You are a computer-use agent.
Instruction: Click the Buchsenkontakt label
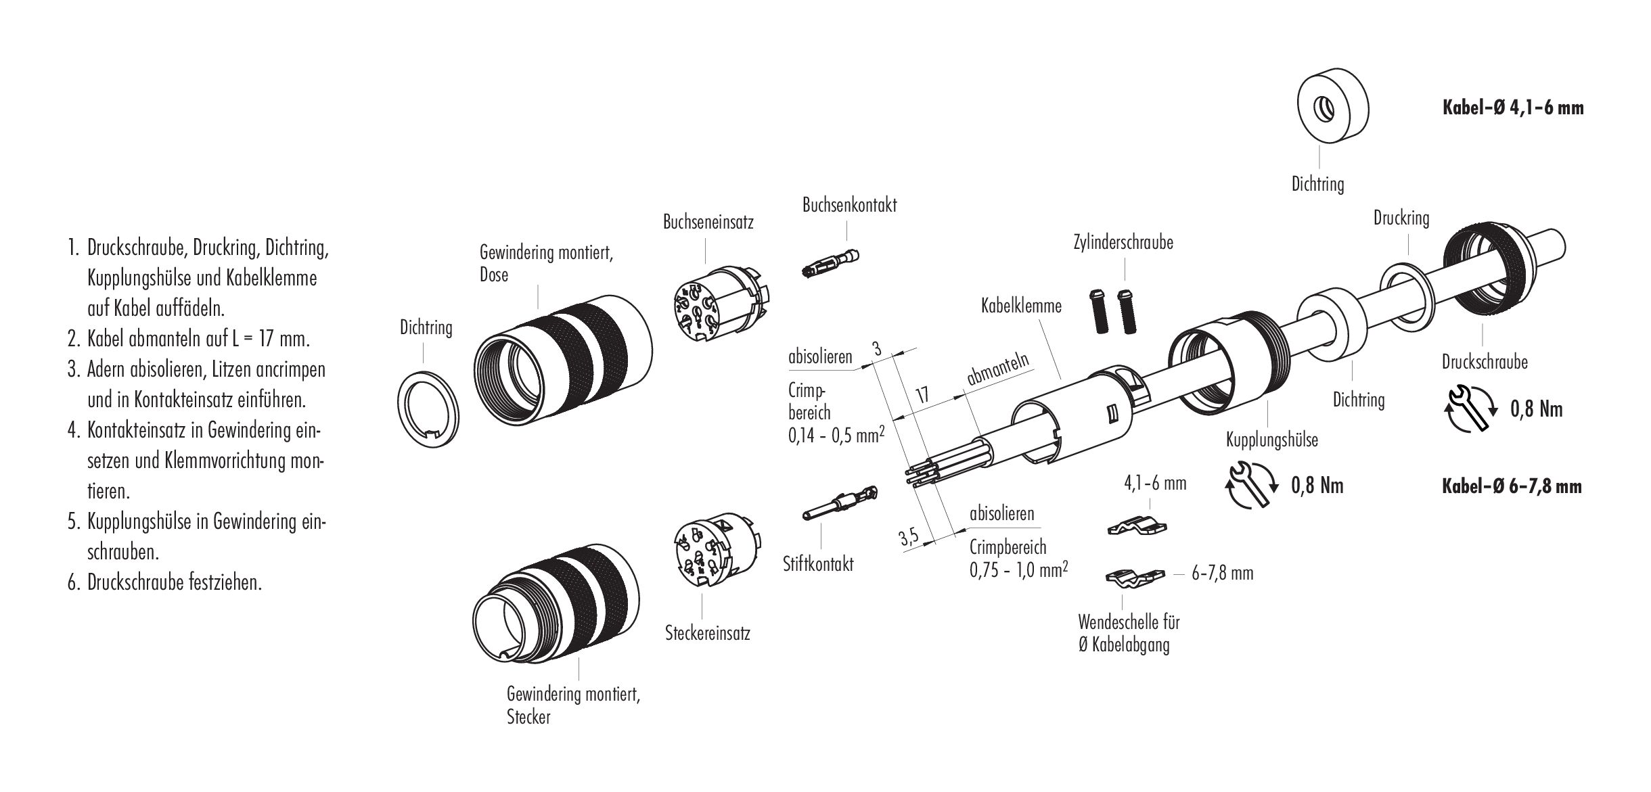tap(849, 206)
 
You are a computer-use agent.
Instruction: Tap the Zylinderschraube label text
tap(1123, 242)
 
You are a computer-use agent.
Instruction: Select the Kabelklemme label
tap(1021, 306)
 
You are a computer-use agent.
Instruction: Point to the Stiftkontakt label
tap(818, 563)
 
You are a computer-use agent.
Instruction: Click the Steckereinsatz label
tap(707, 633)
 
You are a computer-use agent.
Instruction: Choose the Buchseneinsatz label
tap(708, 222)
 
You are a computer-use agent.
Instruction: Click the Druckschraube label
tap(1485, 362)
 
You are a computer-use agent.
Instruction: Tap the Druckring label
tap(1401, 218)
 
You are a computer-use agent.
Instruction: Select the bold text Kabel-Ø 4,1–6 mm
tap(1513, 108)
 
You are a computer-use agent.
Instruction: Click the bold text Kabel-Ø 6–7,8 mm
tap(1512, 486)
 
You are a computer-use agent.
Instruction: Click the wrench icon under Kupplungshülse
tap(1250, 484)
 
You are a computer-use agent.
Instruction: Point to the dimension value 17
tap(921, 394)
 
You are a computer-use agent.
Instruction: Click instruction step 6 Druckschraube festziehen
tap(173, 582)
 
